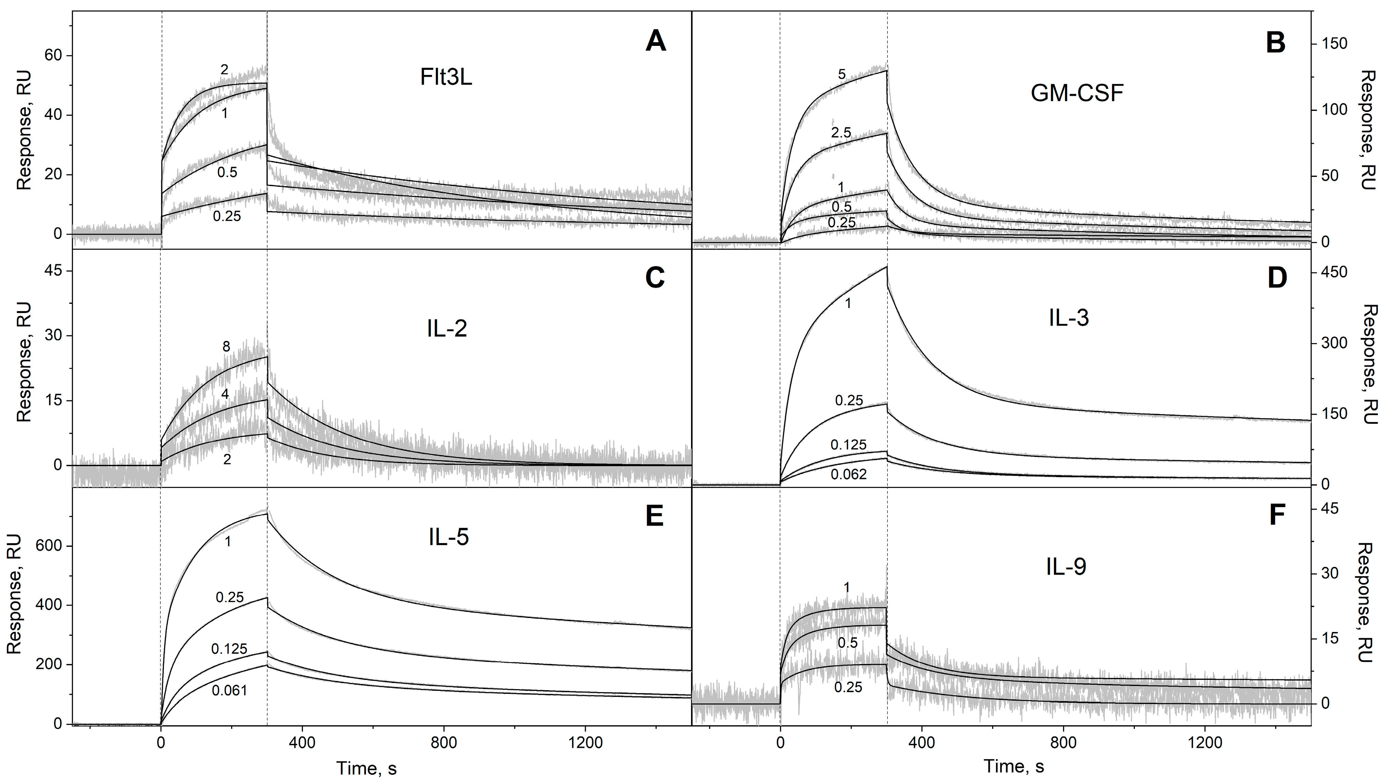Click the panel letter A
point(656,42)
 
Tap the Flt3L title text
point(446,78)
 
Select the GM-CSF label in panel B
point(1077,94)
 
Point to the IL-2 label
point(447,329)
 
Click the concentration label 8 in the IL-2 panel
point(226,347)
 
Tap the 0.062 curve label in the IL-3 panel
point(849,474)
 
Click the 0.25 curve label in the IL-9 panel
point(848,687)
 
